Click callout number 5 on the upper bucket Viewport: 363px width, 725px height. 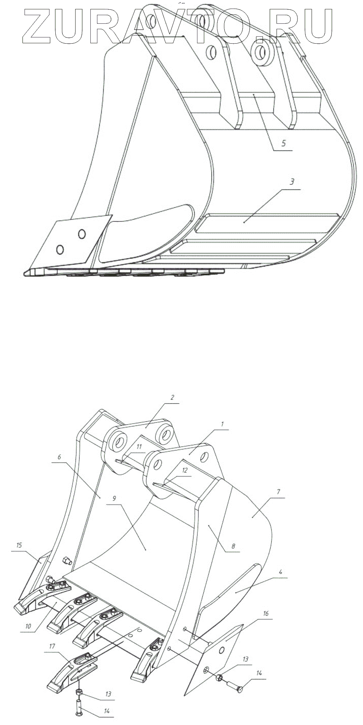pyautogui.click(x=283, y=143)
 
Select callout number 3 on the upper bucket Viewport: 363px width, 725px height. pyautogui.click(x=292, y=182)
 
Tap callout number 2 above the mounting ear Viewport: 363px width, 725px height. pyautogui.click(x=172, y=398)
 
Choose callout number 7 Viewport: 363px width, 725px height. pyautogui.click(x=278, y=492)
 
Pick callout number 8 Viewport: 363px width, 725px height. pyautogui.click(x=233, y=546)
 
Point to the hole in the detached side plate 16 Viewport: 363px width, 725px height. pyautogui.click(x=222, y=650)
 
